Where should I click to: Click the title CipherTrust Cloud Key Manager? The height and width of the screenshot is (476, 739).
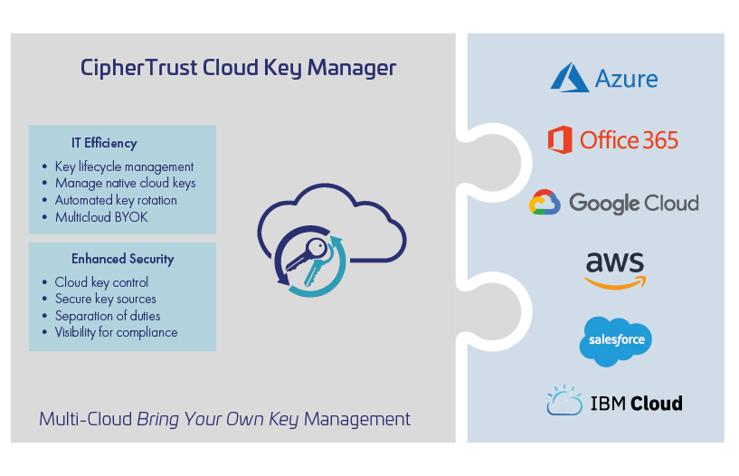click(x=238, y=68)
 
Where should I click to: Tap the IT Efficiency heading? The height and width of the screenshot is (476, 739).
click(x=104, y=143)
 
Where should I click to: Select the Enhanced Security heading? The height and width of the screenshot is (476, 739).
click(x=122, y=259)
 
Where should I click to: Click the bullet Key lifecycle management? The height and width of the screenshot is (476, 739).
click(x=124, y=167)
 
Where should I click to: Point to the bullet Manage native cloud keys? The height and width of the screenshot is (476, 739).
click(x=125, y=183)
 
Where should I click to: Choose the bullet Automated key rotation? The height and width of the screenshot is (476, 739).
click(x=116, y=200)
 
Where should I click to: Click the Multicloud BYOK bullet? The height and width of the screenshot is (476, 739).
click(x=101, y=217)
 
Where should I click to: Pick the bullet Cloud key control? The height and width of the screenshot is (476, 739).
click(x=101, y=282)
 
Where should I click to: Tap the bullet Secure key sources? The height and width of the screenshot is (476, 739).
click(x=105, y=299)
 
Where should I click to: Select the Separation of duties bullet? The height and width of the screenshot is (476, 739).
click(x=108, y=316)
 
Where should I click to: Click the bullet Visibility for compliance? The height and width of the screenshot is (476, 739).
click(x=116, y=332)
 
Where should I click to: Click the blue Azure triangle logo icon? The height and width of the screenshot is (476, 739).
click(x=569, y=77)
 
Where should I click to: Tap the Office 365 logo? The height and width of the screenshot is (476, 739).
click(x=612, y=139)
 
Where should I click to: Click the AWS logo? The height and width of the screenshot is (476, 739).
click(x=615, y=268)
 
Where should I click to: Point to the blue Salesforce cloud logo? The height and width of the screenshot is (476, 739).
click(x=615, y=340)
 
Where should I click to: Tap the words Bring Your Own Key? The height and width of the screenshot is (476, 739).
click(x=218, y=420)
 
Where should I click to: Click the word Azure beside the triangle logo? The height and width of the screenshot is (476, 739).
click(x=626, y=78)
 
